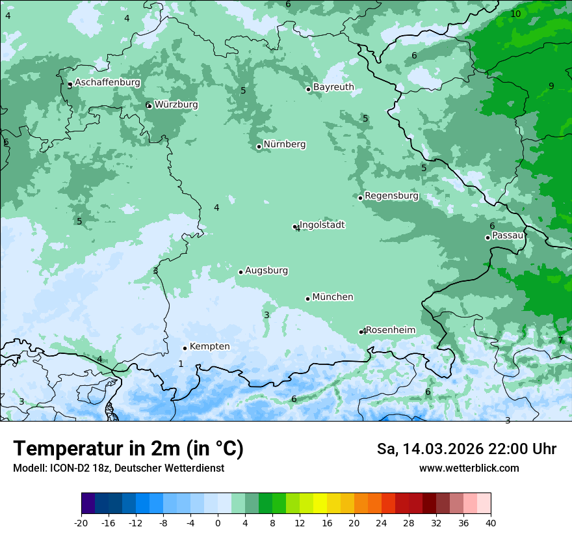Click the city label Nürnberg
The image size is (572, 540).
tap(284, 144)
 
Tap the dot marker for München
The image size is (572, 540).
tap(307, 299)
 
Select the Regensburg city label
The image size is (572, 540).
tap(391, 195)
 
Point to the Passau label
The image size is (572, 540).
tap(508, 235)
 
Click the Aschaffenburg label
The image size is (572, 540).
tap(107, 83)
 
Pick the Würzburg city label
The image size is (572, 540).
tap(176, 104)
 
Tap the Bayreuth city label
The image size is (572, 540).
tap(333, 87)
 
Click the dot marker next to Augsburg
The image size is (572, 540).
tap(240, 272)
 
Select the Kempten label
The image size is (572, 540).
tap(209, 346)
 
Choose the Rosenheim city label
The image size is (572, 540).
tap(390, 330)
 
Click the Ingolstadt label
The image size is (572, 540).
tap(322, 224)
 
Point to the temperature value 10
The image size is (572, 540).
tap(515, 14)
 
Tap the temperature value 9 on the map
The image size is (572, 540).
tap(551, 86)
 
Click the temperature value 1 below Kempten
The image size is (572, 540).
tap(181, 364)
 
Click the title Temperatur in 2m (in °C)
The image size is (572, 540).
tap(128, 448)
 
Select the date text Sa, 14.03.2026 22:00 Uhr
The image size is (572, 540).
tap(466, 449)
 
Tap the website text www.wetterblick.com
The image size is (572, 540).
tap(469, 468)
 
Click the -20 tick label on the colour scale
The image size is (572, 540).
tap(81, 522)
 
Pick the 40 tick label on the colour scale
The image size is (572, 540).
tap(490, 522)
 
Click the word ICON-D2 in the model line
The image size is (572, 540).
tap(67, 468)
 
